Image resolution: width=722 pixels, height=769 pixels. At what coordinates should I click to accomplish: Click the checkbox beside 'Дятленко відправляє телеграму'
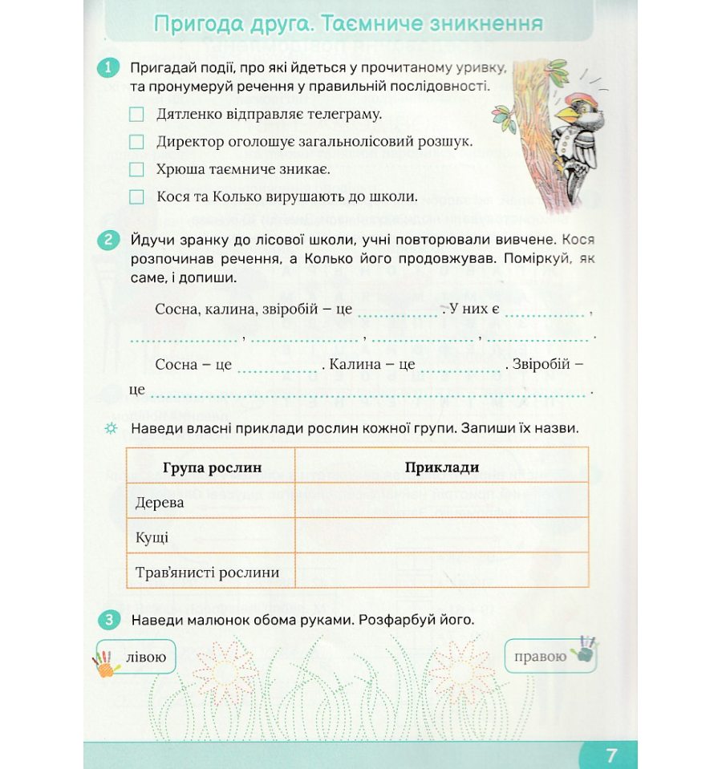tap(136, 115)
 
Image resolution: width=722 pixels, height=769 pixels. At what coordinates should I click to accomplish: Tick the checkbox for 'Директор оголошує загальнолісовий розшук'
tap(136, 142)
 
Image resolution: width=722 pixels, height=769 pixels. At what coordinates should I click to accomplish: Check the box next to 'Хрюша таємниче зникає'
tap(136, 169)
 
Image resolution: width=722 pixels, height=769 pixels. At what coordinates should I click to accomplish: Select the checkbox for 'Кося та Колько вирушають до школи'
tap(136, 196)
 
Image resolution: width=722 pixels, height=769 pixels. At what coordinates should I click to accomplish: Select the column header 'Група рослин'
tap(212, 467)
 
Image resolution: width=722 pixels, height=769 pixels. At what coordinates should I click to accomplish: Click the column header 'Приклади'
tap(441, 467)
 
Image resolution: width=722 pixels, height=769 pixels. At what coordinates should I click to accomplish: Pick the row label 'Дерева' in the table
tap(160, 503)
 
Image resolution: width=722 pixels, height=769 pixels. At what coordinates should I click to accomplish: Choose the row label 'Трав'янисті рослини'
tap(208, 573)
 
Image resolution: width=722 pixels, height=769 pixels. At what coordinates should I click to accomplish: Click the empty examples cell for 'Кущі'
tap(441, 537)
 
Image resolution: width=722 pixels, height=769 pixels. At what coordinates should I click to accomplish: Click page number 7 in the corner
tap(611, 755)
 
